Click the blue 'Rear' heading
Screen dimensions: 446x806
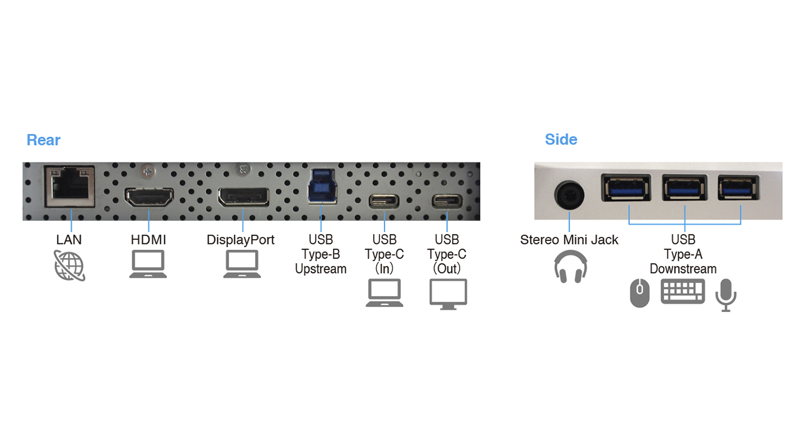(x=44, y=140)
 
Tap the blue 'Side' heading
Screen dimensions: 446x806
(x=561, y=139)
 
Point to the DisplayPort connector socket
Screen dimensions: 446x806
(x=243, y=197)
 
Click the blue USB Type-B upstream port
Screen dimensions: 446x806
(x=323, y=186)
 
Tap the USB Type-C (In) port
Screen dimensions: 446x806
(x=384, y=201)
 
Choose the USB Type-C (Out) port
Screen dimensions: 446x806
(x=446, y=201)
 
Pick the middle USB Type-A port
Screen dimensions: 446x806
(x=685, y=188)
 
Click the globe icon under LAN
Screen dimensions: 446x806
(x=70, y=265)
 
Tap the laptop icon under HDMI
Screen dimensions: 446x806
(x=148, y=264)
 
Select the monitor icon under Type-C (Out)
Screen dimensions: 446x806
(x=448, y=293)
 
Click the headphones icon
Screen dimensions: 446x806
(x=570, y=267)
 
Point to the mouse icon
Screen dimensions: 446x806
(x=640, y=293)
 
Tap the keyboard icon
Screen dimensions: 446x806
(x=683, y=292)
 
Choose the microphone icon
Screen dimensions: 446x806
(x=725, y=294)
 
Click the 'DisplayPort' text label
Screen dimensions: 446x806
(x=241, y=240)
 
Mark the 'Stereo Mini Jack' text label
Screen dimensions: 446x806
(x=569, y=240)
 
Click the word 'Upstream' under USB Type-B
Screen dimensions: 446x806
(x=321, y=269)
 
